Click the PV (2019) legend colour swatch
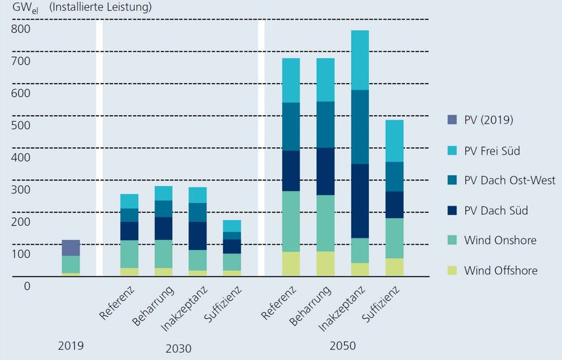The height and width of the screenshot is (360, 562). tap(453, 120)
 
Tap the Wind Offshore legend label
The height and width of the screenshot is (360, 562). tap(501, 270)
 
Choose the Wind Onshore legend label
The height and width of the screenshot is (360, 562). tap(500, 240)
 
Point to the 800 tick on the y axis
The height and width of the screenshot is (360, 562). tap(21, 29)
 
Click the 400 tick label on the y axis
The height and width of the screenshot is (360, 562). tap(21, 158)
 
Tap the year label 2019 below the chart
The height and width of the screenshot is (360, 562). tap(71, 345)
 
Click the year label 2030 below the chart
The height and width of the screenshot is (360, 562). tap(179, 349)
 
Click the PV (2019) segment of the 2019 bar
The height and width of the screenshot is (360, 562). tap(71, 247)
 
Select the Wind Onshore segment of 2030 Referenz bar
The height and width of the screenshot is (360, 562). tap(129, 254)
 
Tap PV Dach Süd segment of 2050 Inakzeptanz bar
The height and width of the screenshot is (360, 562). tap(360, 200)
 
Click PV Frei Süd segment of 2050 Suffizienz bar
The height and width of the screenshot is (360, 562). tap(394, 141)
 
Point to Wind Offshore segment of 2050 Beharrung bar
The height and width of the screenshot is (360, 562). tap(325, 264)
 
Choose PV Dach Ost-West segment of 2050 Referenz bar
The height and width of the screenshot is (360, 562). tap(290, 126)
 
